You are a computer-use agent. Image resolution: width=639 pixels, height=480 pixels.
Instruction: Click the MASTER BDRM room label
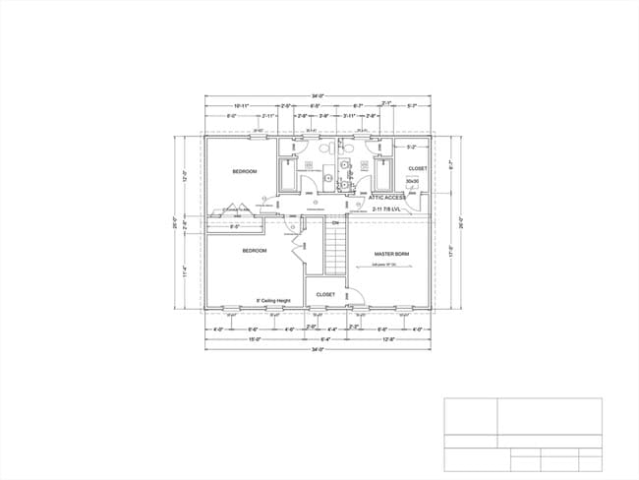[391, 255]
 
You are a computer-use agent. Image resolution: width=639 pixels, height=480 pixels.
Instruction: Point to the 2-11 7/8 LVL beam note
[392, 208]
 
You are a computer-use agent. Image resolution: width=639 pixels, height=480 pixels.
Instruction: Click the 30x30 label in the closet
[413, 182]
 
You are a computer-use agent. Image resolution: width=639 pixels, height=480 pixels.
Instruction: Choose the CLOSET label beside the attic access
[418, 168]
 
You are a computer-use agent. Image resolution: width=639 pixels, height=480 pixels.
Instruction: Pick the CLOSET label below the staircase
[325, 294]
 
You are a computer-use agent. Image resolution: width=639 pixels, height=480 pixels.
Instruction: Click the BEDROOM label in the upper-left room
[244, 172]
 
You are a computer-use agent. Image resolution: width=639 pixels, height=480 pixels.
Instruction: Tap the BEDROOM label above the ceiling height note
[255, 251]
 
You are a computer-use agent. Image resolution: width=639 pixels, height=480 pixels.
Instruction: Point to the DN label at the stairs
[335, 224]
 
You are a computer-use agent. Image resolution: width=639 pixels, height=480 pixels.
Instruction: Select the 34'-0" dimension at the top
[319, 96]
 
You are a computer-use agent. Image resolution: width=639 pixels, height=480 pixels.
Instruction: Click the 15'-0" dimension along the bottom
[254, 339]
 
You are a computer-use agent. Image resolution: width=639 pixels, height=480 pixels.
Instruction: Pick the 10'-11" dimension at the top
[242, 105]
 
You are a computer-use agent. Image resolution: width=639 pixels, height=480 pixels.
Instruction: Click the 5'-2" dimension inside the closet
[413, 147]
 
